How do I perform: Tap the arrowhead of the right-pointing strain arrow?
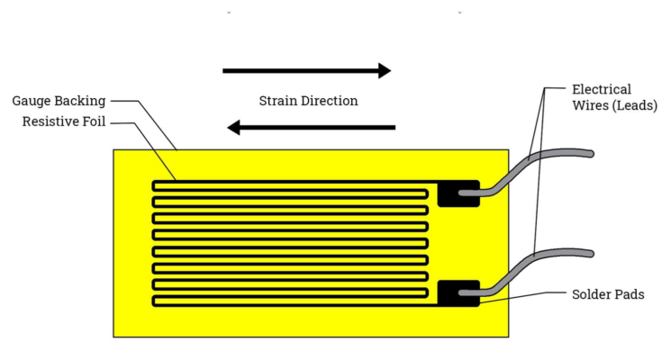point(385,70)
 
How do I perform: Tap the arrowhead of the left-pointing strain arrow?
point(233,127)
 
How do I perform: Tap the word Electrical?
point(602,89)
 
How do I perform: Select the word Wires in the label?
point(592,105)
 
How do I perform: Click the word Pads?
point(631,294)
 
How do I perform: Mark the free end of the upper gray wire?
point(590,154)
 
